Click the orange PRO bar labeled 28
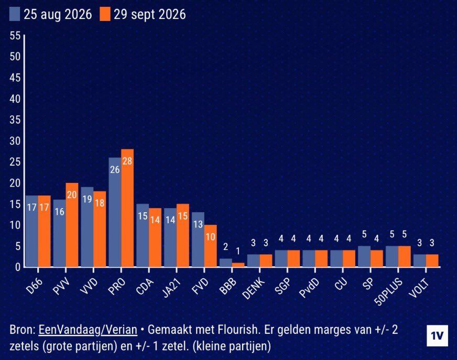click(127, 208)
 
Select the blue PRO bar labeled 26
click(115, 212)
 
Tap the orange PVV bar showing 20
click(72, 225)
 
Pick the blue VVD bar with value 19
click(87, 227)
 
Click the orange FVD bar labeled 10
click(211, 246)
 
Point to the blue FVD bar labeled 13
click(198, 239)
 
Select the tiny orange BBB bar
click(238, 265)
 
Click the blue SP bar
click(364, 256)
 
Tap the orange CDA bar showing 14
click(155, 237)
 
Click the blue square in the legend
click(15, 14)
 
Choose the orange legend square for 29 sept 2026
click(105, 14)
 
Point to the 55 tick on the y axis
click(15, 36)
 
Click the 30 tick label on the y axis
click(15, 141)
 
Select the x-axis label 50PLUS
click(389, 291)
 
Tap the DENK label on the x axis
click(254, 288)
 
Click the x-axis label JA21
click(172, 287)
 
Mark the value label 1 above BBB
click(238, 251)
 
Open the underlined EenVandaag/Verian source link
click(88, 330)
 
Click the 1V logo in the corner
click(437, 335)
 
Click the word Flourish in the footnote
click(238, 330)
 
